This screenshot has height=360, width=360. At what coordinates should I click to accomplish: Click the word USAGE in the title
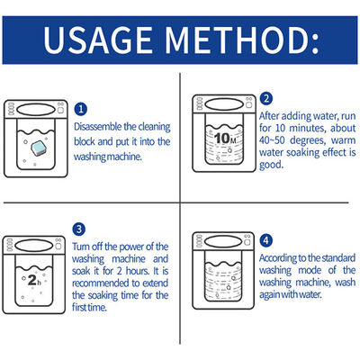click(x=98, y=40)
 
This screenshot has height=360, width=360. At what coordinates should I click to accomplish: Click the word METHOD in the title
click(x=241, y=40)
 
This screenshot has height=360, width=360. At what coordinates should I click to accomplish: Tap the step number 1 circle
click(x=80, y=109)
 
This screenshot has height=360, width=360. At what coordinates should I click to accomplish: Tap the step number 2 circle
click(x=266, y=99)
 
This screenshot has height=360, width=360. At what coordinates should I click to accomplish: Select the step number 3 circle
click(x=79, y=229)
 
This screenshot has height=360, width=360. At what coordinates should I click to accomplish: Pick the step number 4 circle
click(x=266, y=240)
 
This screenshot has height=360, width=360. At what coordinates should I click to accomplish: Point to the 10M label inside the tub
click(x=225, y=139)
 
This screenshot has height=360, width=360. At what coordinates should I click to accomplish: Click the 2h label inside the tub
click(x=34, y=280)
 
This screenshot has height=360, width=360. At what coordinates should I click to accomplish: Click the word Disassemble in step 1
click(x=98, y=127)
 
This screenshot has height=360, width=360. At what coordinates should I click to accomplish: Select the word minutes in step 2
click(x=307, y=128)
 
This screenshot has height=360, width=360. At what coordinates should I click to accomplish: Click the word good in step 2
click(x=271, y=165)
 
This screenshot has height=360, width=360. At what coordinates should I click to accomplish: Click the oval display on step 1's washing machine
click(x=36, y=109)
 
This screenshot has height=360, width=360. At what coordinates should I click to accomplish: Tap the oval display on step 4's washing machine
click(x=223, y=240)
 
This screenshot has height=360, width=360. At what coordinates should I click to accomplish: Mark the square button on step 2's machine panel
click(x=248, y=104)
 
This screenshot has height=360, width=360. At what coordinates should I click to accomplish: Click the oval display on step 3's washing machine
click(x=34, y=246)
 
